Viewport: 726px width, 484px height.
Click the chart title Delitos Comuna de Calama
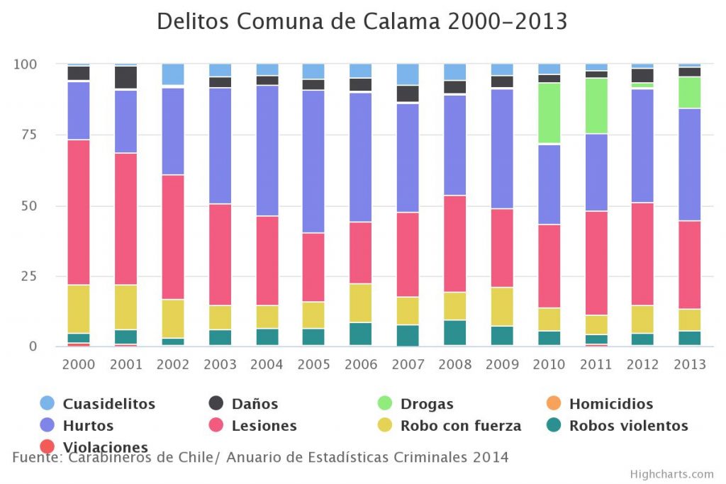coord(362,21)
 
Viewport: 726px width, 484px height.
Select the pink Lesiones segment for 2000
coord(79,212)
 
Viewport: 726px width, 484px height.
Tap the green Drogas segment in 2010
coord(549,113)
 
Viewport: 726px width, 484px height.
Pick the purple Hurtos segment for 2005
coord(313,161)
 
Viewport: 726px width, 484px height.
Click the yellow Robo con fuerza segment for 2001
coord(125,307)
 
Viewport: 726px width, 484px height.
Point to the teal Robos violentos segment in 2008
coord(454,333)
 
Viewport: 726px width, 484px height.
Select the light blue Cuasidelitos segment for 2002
coord(173,74)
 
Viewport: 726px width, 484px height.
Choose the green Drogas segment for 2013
coord(689,92)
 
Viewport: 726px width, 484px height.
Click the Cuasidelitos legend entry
coord(108,404)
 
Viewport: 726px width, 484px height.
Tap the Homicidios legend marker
coord(554,404)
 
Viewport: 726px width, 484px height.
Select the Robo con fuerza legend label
coord(460,426)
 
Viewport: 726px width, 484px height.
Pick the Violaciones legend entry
coord(105,447)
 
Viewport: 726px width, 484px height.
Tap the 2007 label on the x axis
coord(408,365)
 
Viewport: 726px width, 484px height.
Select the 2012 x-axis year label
coord(642,365)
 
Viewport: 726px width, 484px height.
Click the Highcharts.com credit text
coord(671,474)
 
